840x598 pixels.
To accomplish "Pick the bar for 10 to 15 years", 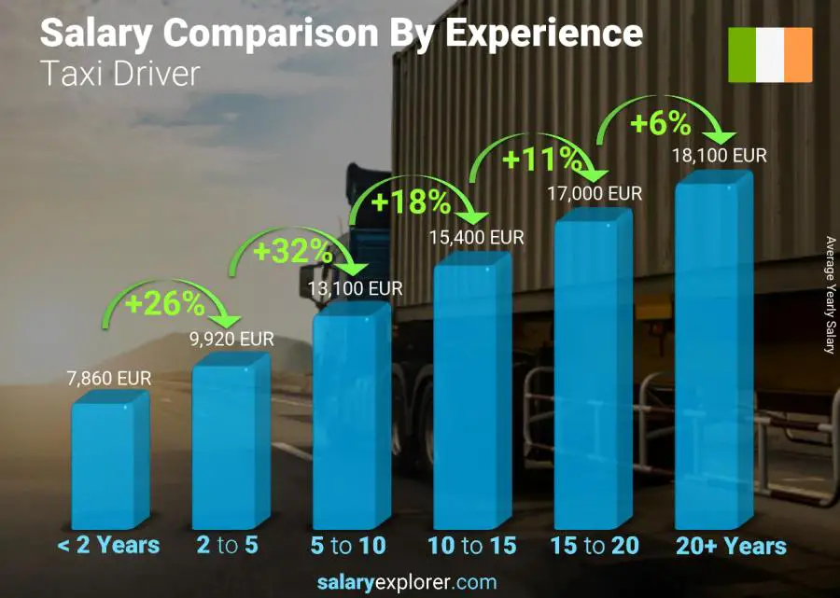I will [470, 392].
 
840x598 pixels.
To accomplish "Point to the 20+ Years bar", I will [712, 355].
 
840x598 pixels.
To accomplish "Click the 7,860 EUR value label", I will [109, 379].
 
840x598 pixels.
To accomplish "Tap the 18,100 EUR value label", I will [719, 155].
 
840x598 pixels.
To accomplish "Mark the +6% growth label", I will [659, 123].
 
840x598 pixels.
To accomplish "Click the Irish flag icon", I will [770, 55].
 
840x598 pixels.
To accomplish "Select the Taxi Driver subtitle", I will [120, 75].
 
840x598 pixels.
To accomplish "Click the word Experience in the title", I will [543, 33].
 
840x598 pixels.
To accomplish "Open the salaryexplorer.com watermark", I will [407, 582].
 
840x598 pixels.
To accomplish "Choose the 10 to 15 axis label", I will [471, 546].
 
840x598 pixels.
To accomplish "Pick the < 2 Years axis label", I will [109, 546].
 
